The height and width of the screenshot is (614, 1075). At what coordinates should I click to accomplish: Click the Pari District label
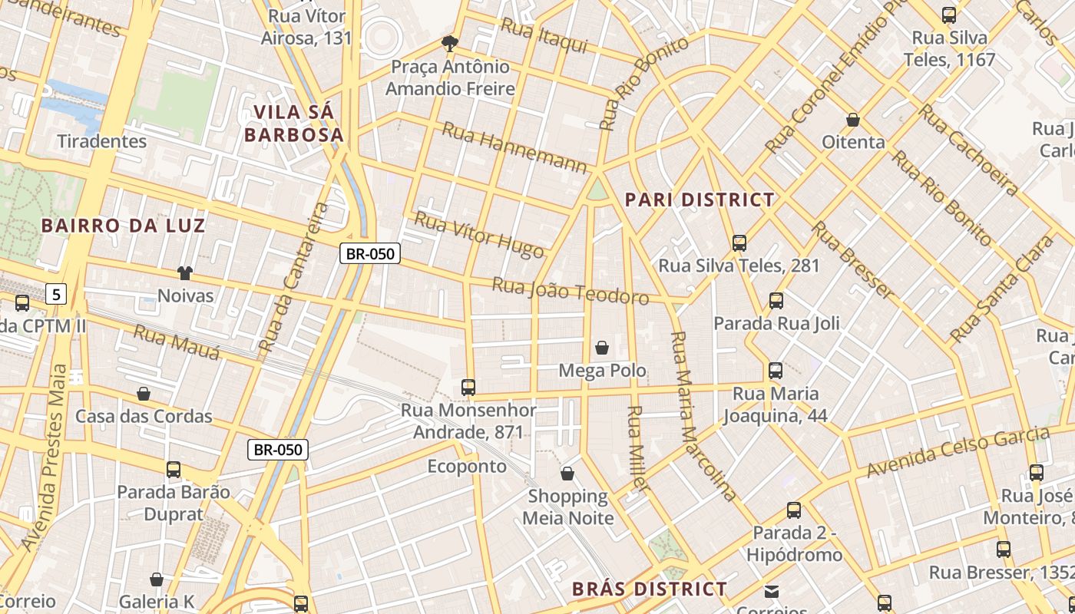point(700,200)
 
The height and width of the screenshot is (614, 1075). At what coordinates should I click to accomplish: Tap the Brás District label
point(650,589)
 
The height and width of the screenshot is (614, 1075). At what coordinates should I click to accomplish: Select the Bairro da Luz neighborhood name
point(123,226)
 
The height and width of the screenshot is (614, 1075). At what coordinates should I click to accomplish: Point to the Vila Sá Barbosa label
point(293,124)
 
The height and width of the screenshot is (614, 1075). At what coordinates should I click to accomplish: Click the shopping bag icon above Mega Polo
point(602,348)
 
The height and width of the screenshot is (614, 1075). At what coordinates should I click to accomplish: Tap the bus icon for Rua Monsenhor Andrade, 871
point(468,388)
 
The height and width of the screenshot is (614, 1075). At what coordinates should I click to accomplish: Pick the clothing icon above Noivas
point(185,272)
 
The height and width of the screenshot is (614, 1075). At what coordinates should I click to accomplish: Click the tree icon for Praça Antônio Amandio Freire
point(449,43)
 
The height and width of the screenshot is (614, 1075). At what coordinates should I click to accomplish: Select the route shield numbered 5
point(56,293)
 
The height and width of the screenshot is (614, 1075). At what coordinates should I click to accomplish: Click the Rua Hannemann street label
point(514,147)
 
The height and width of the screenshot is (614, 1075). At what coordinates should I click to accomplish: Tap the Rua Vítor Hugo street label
point(479,235)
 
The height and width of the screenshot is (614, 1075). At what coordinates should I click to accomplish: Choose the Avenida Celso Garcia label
point(958,451)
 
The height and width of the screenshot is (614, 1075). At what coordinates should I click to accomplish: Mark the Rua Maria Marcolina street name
point(703,414)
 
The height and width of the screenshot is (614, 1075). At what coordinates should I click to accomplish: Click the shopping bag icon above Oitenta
point(853,120)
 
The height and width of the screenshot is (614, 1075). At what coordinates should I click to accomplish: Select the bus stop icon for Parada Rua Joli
point(776,301)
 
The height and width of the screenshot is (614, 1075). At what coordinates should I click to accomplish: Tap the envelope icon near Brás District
point(771,591)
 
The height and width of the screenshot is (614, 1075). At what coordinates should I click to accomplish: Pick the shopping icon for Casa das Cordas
point(144,394)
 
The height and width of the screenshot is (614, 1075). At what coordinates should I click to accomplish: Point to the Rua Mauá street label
point(177,342)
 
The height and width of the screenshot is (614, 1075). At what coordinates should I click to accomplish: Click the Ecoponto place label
point(467,467)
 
